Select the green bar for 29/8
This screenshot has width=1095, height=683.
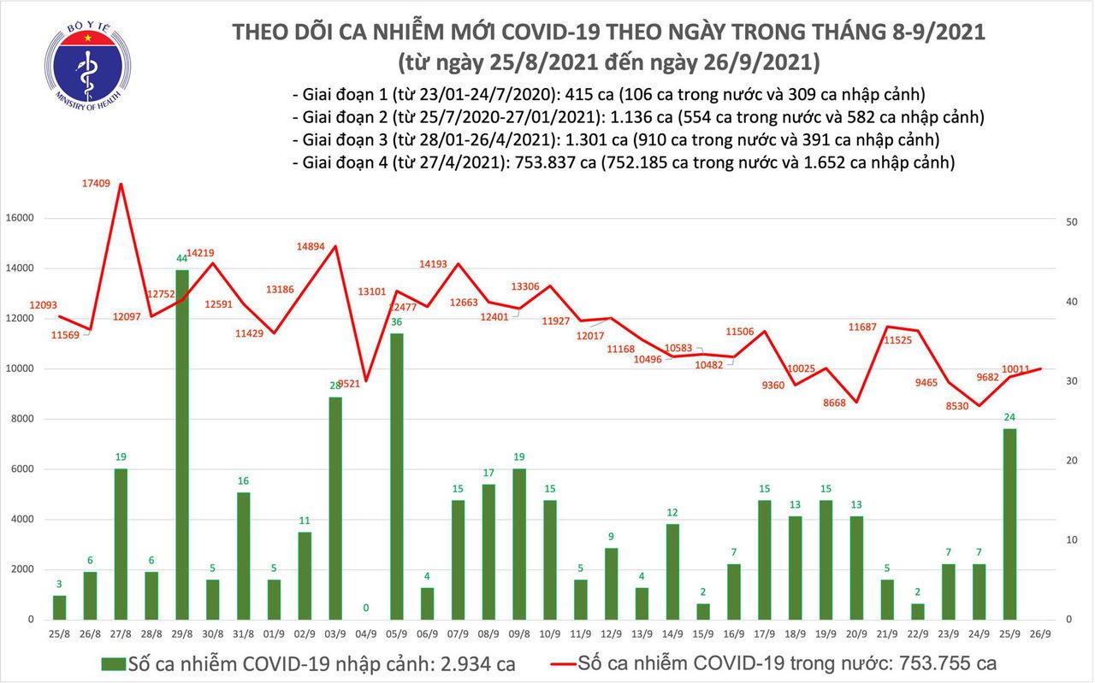(182, 445)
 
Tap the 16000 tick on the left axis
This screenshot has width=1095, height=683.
(21, 219)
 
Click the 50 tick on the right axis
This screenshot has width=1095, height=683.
(1070, 222)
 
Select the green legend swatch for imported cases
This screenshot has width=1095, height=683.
(112, 663)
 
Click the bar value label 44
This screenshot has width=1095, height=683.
(181, 258)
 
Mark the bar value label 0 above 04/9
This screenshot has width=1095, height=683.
(366, 608)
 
